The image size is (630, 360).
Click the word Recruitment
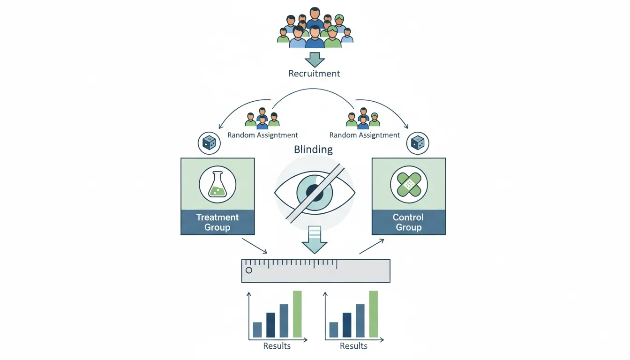314,74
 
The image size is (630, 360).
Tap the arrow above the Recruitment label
315,59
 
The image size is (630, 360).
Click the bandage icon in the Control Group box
408,184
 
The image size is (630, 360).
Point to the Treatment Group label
217,222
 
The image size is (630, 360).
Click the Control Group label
408,222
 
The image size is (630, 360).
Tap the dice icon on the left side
210,143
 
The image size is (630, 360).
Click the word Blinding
313,150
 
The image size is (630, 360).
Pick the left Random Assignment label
262,135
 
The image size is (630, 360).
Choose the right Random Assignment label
365,135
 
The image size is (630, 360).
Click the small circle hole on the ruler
249,270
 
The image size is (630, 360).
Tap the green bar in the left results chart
297,314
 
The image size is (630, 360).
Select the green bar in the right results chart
374,314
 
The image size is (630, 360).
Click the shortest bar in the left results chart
257,330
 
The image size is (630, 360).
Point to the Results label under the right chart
353,346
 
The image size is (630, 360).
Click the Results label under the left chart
277,346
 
